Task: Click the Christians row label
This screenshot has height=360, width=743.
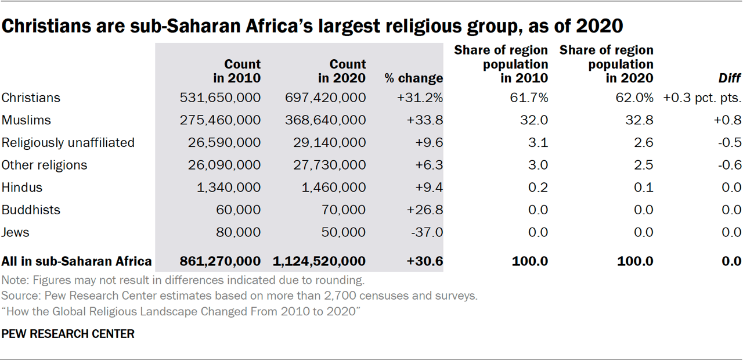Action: coord(31,98)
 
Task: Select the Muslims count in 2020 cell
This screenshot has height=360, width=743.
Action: coord(326,120)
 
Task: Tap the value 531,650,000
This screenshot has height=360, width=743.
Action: coord(221,98)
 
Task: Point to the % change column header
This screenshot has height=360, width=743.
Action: coord(413,78)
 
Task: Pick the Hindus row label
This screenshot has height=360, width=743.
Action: coord(22,188)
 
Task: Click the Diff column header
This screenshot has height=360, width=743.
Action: coord(729,78)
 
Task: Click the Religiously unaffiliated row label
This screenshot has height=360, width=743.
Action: coord(68,142)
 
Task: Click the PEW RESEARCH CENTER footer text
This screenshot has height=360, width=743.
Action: coord(68,334)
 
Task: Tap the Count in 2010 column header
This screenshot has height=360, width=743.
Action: coord(236,71)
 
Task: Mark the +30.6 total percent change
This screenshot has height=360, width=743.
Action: coord(425,261)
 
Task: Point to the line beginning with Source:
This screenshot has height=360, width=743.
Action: coord(240,296)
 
